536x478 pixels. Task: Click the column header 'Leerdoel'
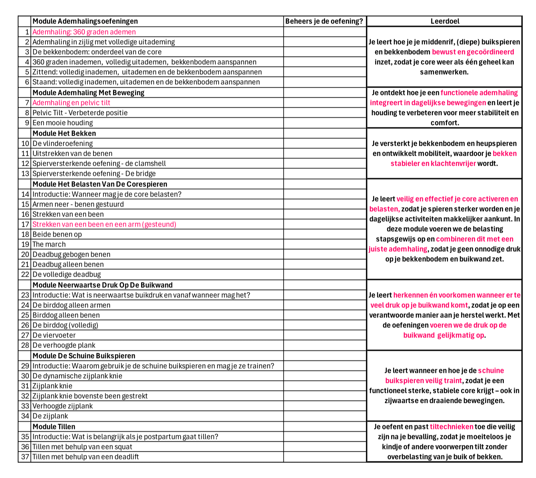[445, 21]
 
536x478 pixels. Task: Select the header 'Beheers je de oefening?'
[324, 21]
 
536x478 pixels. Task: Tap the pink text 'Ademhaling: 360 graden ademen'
[84, 32]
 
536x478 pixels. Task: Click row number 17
[25, 224]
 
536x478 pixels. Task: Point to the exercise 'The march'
[49, 244]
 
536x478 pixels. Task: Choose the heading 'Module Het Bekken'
[64, 133]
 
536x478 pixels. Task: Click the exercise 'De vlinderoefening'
[63, 143]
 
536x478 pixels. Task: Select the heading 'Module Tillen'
[54, 427]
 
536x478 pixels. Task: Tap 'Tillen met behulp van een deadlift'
[86, 457]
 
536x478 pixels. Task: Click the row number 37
[25, 457]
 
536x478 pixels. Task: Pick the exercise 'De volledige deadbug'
[66, 274]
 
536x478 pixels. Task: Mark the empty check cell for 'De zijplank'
[325, 416]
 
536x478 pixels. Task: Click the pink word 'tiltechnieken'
[451, 427]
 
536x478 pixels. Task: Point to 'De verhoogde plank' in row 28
[64, 345]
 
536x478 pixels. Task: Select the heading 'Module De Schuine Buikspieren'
[84, 356]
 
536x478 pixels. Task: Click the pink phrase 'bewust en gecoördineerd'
[473, 52]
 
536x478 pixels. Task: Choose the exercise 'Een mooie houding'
[63, 122]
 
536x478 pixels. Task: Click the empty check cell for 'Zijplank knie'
[325, 386]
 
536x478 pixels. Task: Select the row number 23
[25, 295]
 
